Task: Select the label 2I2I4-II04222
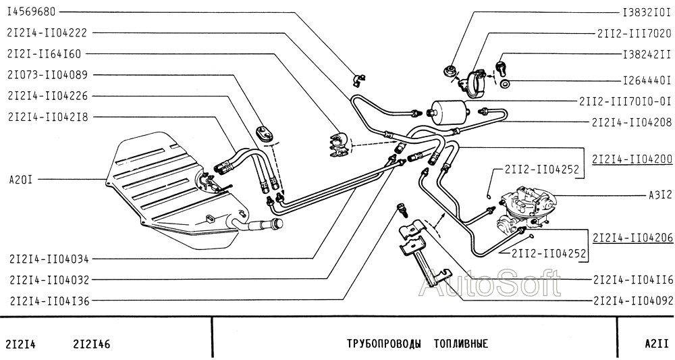[x=47, y=32]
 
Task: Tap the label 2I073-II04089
[x=47, y=74]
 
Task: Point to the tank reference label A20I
[x=21, y=179]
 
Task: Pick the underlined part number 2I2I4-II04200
[x=631, y=161]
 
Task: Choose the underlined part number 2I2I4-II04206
[x=631, y=238]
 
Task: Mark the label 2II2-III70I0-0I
[x=625, y=101]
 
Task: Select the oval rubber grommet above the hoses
[x=264, y=133]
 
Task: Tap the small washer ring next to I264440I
[x=506, y=84]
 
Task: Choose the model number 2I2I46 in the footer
[x=91, y=344]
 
